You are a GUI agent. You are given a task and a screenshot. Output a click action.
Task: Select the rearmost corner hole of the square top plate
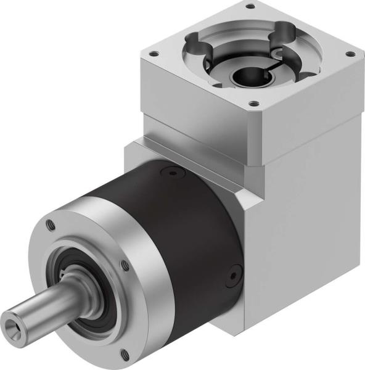(x=250, y=7)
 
